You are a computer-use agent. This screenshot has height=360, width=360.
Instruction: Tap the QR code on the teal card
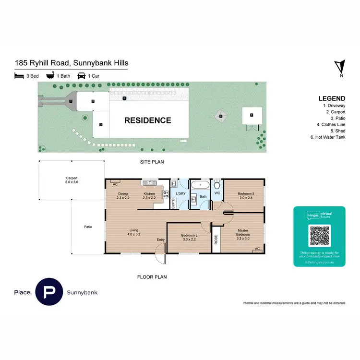pyautogui.click(x=319, y=235)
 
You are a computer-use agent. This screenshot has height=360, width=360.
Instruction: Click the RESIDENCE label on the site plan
pyautogui.click(x=148, y=120)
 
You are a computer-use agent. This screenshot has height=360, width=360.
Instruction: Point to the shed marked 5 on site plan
pyautogui.click(x=251, y=115)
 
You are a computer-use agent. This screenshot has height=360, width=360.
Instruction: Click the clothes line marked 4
pyautogui.click(x=221, y=116)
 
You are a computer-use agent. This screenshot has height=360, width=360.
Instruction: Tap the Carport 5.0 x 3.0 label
pyautogui.click(x=72, y=180)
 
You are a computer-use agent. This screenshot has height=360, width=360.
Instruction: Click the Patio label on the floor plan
pyautogui.click(x=88, y=227)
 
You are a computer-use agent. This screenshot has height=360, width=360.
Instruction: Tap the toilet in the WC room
pyautogui.click(x=217, y=185)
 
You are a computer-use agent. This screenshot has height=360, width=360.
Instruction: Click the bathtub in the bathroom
pyautogui.click(x=199, y=185)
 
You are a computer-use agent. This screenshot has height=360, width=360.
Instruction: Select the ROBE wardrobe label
pyautogui.click(x=216, y=239)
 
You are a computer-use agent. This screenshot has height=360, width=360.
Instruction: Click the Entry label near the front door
pyautogui.click(x=160, y=240)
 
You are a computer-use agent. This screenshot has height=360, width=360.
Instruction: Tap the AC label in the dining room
pyautogui.click(x=115, y=184)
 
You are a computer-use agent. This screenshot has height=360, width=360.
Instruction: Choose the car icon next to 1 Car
pyautogui.click(x=81, y=75)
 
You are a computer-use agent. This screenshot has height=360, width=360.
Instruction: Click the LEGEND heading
pyautogui.click(x=332, y=98)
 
